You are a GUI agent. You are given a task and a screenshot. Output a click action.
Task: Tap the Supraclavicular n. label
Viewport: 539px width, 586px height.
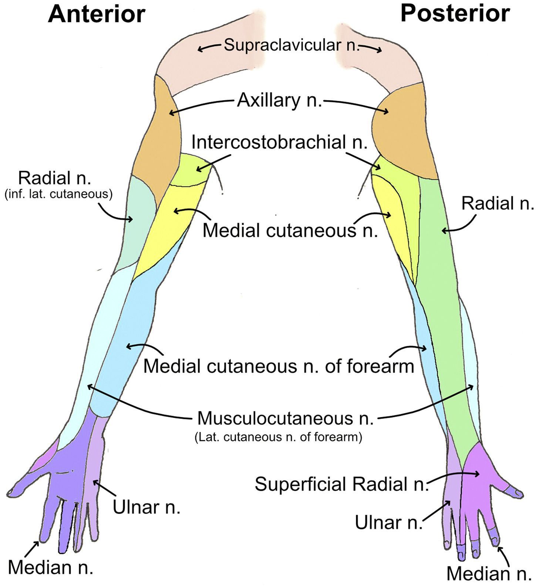coord(292,45)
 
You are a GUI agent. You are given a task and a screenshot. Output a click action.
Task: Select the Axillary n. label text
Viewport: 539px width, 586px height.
coord(279,100)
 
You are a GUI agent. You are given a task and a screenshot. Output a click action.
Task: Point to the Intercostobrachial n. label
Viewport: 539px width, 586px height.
coord(279,142)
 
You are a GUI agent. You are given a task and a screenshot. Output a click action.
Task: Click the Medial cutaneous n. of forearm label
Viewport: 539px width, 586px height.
coord(279,366)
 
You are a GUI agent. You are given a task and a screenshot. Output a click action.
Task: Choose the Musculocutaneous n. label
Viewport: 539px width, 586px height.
coord(285,418)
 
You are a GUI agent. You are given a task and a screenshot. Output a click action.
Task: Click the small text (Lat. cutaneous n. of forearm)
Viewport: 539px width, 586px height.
coord(278,437)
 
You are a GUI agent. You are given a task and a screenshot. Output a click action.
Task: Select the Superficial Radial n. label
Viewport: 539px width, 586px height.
coord(341,484)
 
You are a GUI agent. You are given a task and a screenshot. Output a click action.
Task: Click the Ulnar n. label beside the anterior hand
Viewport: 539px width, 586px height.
coord(146,508)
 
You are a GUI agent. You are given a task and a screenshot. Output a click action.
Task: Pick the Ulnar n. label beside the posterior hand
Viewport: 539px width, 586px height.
coord(388,523)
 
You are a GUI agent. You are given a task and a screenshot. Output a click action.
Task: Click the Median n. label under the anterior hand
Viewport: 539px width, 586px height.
coord(50,567)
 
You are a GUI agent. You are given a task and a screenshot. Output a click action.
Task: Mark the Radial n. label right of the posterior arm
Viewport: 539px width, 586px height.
coord(498,203)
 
